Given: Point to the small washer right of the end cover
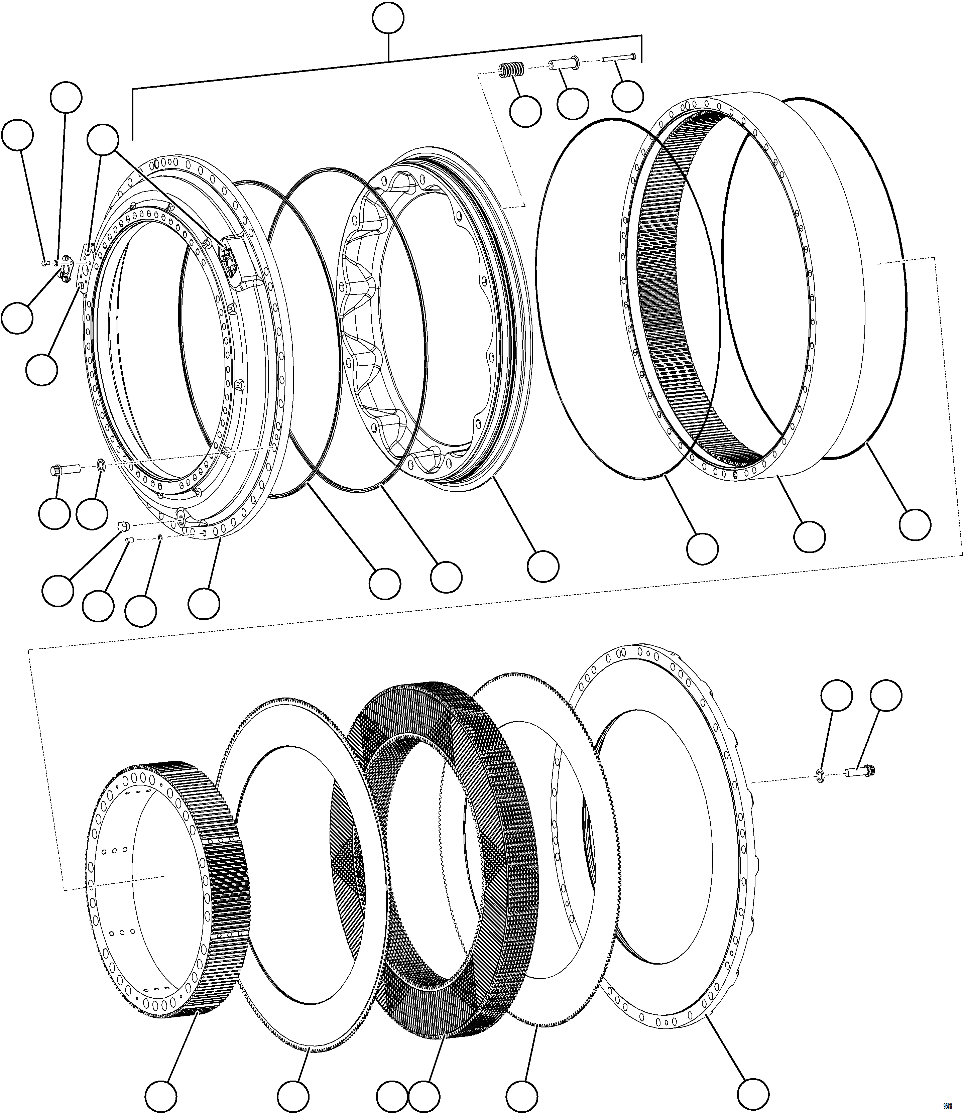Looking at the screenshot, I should tap(819, 776).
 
